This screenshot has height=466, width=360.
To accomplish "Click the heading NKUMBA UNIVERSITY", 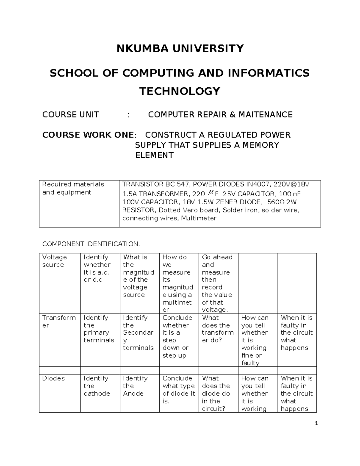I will pos(180,48).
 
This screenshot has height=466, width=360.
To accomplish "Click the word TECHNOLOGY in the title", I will pos(180,91).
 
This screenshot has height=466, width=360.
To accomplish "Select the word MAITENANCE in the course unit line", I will pos(265,115).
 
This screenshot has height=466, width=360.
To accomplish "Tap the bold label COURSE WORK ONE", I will pos(88,135).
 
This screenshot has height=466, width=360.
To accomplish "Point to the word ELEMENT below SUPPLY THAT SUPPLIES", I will pos(154,155).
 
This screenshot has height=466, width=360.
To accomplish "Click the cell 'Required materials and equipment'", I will pos(73,188).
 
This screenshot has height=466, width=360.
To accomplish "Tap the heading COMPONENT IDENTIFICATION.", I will pos(91,244).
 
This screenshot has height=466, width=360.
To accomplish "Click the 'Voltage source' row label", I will pos(54,261).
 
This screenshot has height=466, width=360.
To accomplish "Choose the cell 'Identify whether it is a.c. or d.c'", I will pos(97,269).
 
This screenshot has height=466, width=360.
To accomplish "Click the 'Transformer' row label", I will pos(59,321).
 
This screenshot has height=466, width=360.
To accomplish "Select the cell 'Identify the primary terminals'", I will pos(99,329).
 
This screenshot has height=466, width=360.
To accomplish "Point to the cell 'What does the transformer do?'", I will pos(217,329).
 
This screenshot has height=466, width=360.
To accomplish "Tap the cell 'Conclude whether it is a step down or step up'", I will pos(177,336).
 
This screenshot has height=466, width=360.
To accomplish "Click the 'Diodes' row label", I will pos(53,378).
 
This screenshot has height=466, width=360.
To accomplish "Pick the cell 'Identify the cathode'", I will pos(97,386).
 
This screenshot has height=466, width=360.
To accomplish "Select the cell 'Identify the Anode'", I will pos(135,386).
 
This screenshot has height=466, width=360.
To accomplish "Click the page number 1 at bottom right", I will pos(316,424).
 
